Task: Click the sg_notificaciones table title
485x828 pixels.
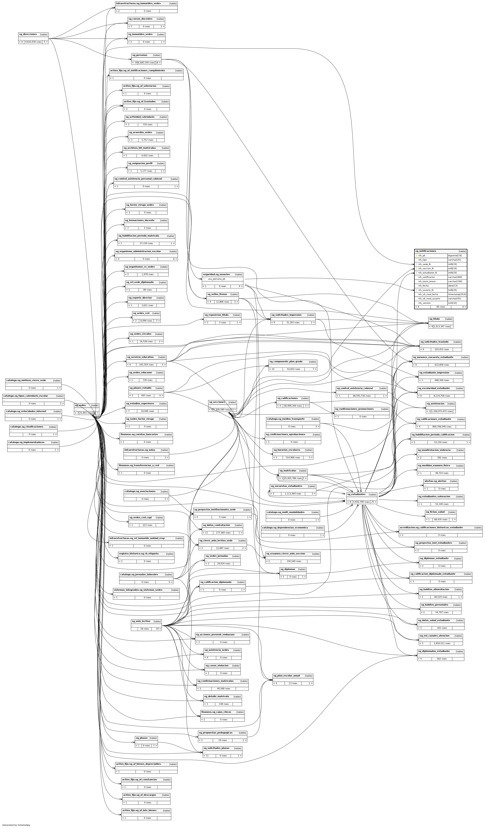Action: (x=426, y=251)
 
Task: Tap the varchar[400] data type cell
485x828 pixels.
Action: (x=455, y=277)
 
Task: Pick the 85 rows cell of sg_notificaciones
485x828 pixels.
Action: (x=440, y=307)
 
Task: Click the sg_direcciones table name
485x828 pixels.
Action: (x=28, y=34)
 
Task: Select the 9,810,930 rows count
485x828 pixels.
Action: (x=33, y=42)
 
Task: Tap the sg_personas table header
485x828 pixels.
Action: (x=139, y=55)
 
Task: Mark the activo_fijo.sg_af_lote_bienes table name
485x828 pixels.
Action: (x=139, y=811)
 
